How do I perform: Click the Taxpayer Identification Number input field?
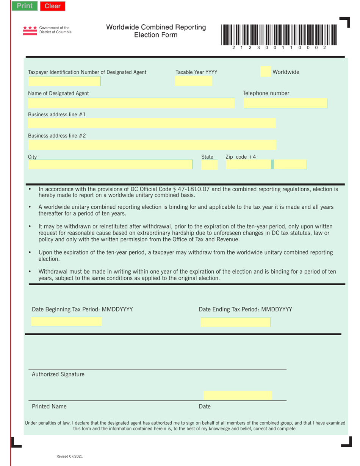[x=64, y=81]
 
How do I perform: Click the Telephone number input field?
[x=285, y=103]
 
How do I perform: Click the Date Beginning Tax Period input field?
[x=66, y=322]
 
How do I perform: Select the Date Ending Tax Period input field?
[x=235, y=322]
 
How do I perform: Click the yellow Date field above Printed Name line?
[x=238, y=396]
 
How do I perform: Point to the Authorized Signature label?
[x=58, y=374]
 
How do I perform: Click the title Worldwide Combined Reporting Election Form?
[x=156, y=31]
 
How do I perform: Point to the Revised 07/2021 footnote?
[x=69, y=457]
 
